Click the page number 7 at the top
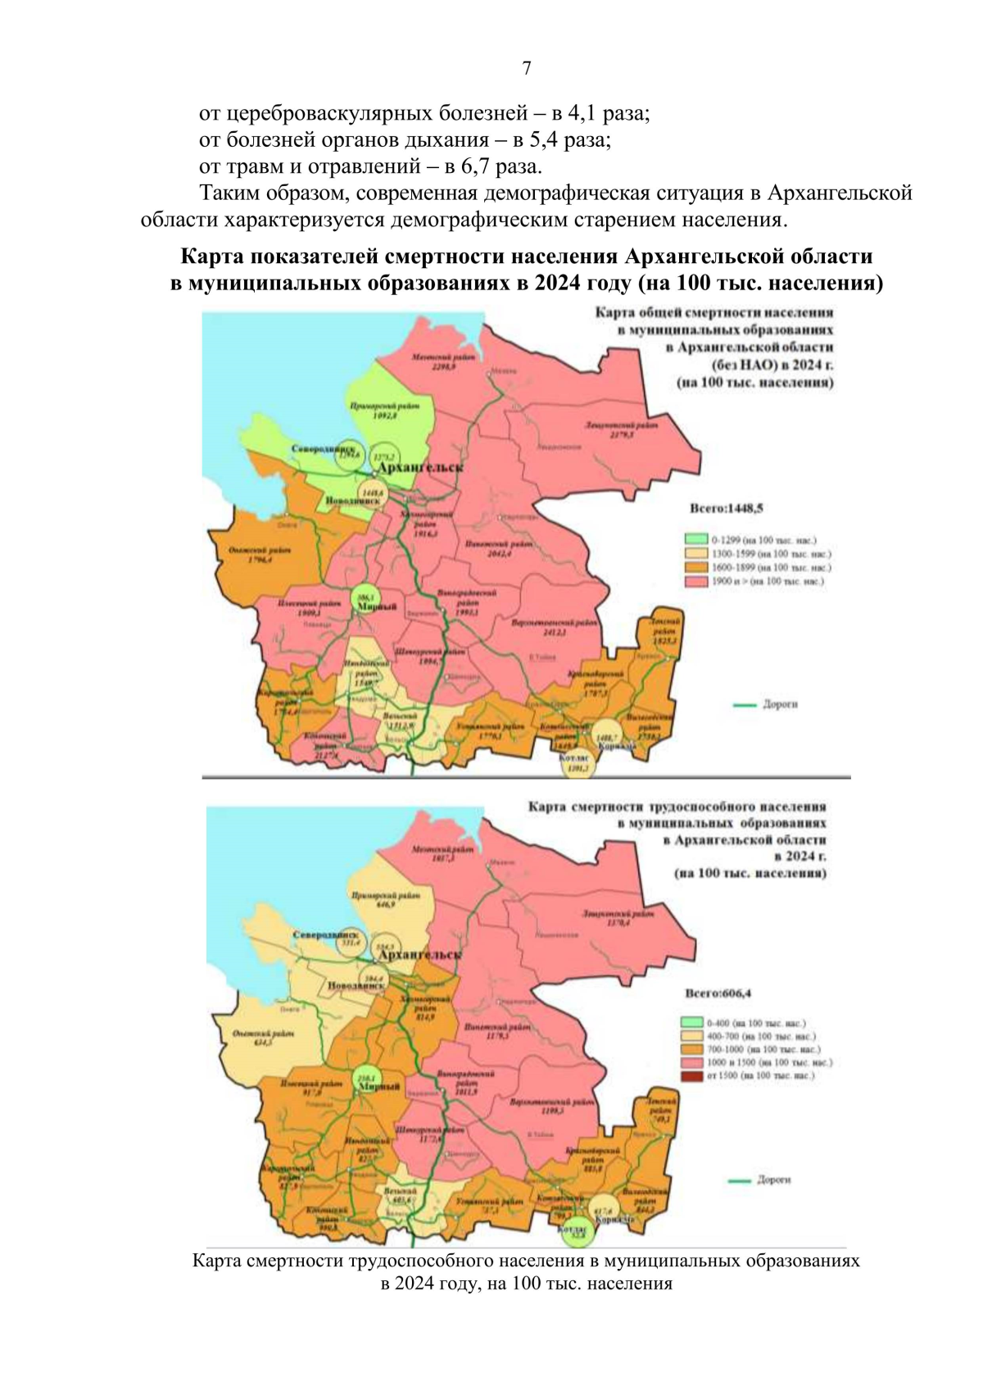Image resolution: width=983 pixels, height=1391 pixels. pos(526,69)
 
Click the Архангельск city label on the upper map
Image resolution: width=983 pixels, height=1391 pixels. pos(419,467)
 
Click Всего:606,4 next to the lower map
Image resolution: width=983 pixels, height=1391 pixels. pos(718,993)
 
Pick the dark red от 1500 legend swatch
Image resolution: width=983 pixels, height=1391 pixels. pos(692,1075)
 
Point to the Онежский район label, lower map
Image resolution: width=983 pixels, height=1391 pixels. pos(263,1035)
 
